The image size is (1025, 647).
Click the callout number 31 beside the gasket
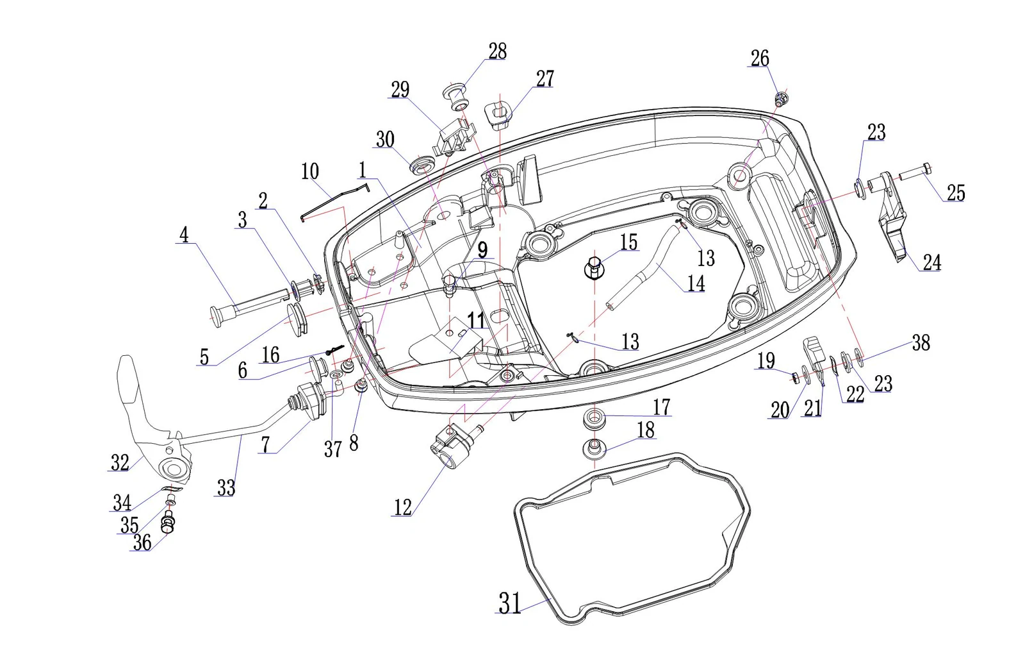pyautogui.click(x=510, y=603)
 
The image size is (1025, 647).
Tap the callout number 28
pyautogui.click(x=497, y=51)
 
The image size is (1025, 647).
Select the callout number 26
pyautogui.click(x=760, y=58)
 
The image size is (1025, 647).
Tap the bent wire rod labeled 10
pyautogui.click(x=336, y=201)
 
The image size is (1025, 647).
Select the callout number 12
pyautogui.click(x=403, y=507)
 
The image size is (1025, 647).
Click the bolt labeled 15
pyautogui.click(x=594, y=269)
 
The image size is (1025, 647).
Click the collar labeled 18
pyautogui.click(x=594, y=448)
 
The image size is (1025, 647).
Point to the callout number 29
pyautogui.click(x=400, y=90)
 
